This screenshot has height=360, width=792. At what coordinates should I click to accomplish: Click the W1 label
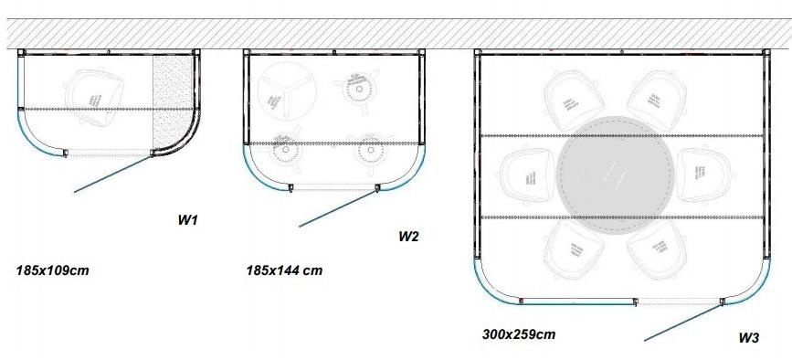187,220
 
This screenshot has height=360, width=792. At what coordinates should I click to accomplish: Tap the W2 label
408,237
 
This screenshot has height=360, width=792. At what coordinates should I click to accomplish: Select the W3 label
748,337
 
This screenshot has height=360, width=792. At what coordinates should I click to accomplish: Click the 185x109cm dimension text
52,270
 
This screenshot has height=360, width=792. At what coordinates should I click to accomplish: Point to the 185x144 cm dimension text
284,270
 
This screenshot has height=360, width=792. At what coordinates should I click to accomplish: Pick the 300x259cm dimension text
518,334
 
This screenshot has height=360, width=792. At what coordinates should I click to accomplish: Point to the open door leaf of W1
111,174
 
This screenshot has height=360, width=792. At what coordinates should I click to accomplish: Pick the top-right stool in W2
359,90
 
